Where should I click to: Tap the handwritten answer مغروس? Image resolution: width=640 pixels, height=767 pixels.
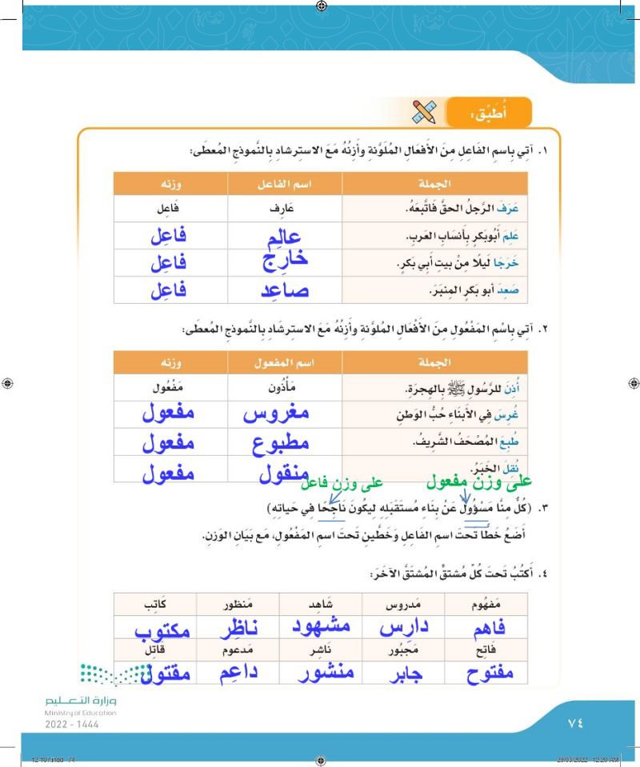point(275,413)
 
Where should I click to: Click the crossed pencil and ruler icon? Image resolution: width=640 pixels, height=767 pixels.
point(423,112)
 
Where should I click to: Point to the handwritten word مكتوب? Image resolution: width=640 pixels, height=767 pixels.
point(162,629)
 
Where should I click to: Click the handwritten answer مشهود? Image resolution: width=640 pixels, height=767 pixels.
point(319,626)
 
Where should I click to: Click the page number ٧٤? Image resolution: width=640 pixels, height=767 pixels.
point(575,721)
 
